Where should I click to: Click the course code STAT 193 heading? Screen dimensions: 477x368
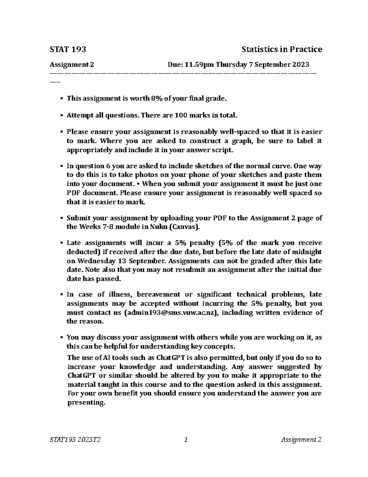[68, 49]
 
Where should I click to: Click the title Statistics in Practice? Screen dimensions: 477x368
[282, 49]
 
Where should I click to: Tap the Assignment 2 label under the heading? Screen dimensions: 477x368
[72, 65]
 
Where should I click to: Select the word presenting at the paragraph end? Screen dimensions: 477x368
[86, 402]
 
